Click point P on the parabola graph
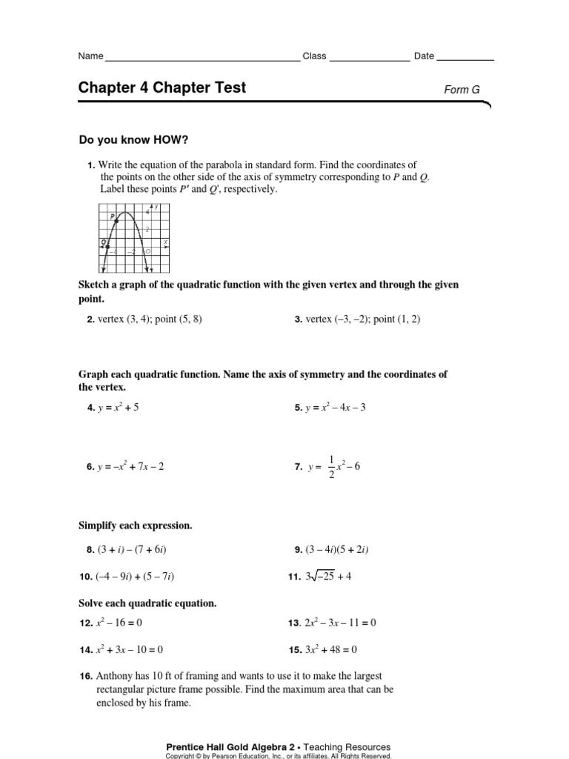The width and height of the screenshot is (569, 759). coord(117,221)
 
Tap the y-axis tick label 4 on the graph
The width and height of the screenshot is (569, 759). coord(147,212)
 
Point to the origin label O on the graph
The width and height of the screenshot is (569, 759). coord(148,252)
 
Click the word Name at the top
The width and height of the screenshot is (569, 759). coord(91,56)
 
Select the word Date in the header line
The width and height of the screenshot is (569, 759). coord(424,56)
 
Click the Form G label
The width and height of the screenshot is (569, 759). coord(462,90)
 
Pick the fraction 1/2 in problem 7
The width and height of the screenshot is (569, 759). coord(331,467)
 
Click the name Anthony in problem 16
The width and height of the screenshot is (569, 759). coord(116,677)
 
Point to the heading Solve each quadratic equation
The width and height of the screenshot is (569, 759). coord(147,603)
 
